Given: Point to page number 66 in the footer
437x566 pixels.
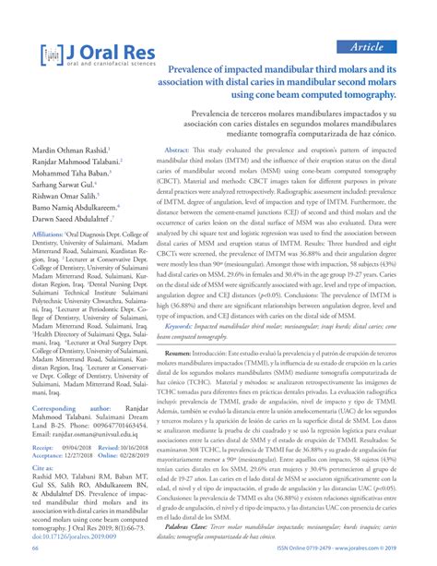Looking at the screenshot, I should (x=29, y=557).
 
